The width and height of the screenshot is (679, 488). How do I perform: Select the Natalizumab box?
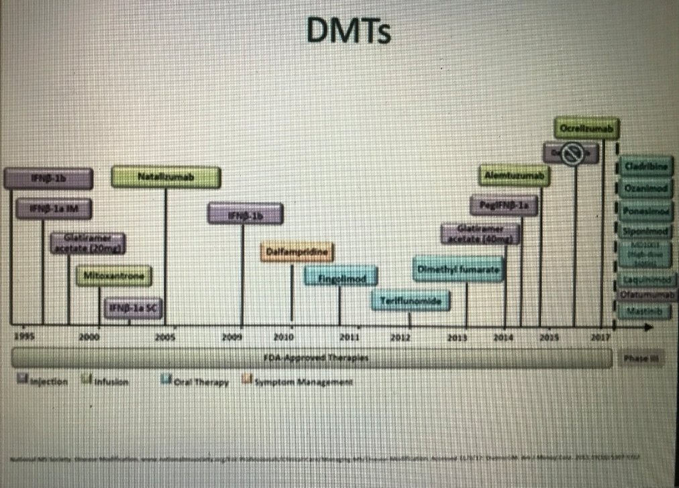(x=165, y=177)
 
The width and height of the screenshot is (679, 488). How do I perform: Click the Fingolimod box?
(x=340, y=275)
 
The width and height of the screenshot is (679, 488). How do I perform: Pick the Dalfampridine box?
(x=297, y=251)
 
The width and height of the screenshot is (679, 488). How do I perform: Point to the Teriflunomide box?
(x=411, y=301)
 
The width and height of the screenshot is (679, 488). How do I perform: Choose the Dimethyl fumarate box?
(x=459, y=269)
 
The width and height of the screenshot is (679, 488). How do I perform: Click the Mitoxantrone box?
(x=114, y=275)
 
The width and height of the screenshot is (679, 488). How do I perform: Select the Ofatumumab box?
(x=645, y=294)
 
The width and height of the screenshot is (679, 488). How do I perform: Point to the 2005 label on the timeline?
(x=164, y=338)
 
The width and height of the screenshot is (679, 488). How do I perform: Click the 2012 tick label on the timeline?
(x=401, y=338)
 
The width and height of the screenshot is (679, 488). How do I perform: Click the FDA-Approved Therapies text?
(x=315, y=358)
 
